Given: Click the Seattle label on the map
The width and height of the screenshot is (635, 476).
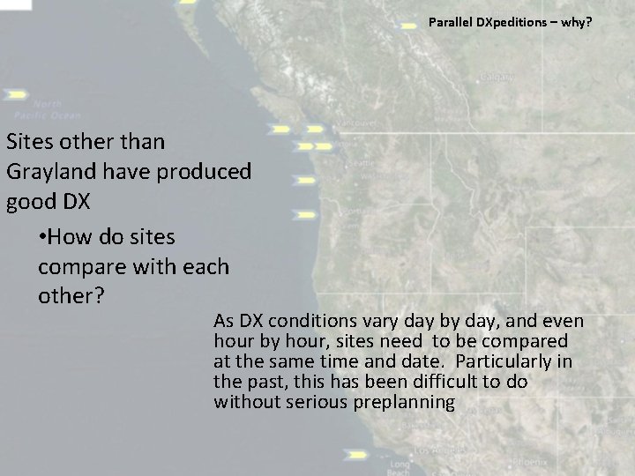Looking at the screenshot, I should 361,163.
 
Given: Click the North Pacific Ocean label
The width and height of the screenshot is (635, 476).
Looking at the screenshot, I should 48,109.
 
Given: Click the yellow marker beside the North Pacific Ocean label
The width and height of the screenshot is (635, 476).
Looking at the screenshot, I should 16,93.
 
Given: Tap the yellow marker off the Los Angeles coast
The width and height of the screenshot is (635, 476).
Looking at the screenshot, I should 356,455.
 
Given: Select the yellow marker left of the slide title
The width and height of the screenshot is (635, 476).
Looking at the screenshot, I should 409,26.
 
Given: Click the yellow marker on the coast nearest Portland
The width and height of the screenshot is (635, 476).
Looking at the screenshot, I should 305,214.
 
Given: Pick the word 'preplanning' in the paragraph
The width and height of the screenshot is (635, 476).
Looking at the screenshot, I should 413,403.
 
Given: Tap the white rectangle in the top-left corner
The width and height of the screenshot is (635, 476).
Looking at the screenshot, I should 15,4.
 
